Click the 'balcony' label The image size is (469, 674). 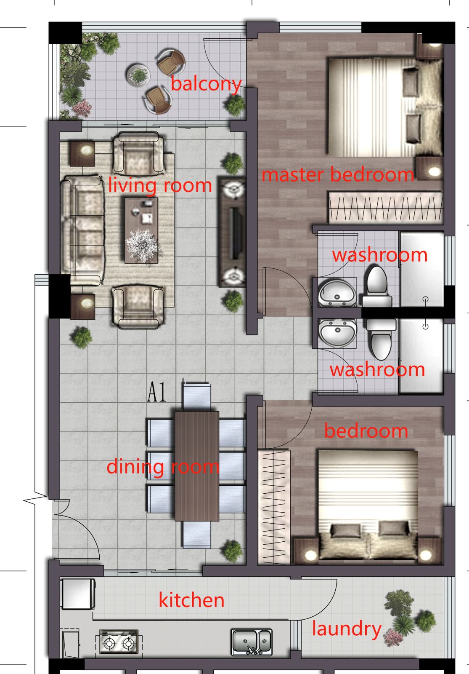[x=206, y=84]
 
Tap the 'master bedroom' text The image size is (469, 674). [x=338, y=174]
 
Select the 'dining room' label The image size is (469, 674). [x=163, y=467]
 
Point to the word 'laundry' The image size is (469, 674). [x=347, y=629]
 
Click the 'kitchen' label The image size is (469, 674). [x=191, y=600]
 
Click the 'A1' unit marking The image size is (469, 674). [x=156, y=393]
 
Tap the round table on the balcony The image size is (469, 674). [x=138, y=75]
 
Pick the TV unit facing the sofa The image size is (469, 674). [x=232, y=232]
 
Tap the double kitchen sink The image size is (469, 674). [x=252, y=642]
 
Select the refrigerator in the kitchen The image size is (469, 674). [x=78, y=594]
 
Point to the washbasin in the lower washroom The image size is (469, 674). [x=337, y=333]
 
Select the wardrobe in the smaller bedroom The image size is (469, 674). [x=273, y=507]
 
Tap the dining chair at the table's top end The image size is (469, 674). [x=196, y=396]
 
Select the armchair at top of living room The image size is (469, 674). [x=138, y=154]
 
